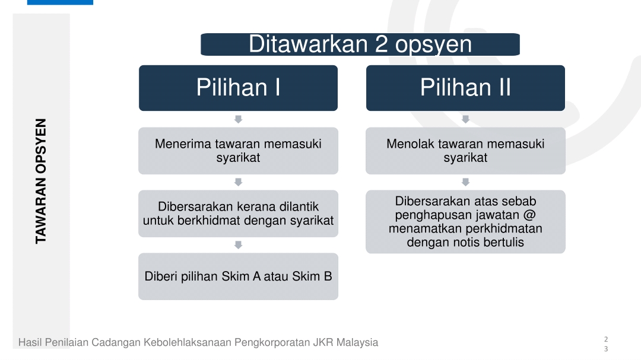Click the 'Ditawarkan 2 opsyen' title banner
pyautogui.click(x=360, y=44)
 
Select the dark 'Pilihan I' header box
pyautogui.click(x=239, y=88)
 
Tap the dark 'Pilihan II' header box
pyautogui.click(x=466, y=88)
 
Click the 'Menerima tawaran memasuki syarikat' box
pyautogui.click(x=239, y=151)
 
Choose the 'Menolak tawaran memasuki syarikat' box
pyautogui.click(x=466, y=151)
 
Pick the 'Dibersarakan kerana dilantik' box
pyautogui.click(x=239, y=214)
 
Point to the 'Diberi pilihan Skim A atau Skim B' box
pyautogui.click(x=239, y=276)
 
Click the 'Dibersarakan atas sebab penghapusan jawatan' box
pyautogui.click(x=466, y=222)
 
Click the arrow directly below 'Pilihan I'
pyautogui.click(x=239, y=119)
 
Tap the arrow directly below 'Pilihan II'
pyautogui.click(x=466, y=119)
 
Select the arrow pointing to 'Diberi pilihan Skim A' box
pyautogui.click(x=239, y=245)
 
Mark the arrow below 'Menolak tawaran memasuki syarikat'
pyautogui.click(x=466, y=182)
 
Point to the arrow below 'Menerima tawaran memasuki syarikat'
pyautogui.click(x=239, y=182)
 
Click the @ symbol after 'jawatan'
pyautogui.click(x=529, y=215)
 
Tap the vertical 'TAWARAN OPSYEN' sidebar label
pyautogui.click(x=41, y=181)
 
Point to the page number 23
pyautogui.click(x=606, y=344)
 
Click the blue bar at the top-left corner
pyautogui.click(x=60, y=2)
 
